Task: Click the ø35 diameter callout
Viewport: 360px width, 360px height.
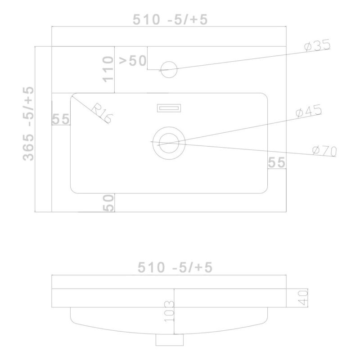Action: (318, 45)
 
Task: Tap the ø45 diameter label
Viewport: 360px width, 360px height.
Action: (309, 111)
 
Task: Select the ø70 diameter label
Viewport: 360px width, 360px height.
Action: (324, 151)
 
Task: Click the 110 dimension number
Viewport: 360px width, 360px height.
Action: (108, 69)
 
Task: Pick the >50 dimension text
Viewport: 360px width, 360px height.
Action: (132, 61)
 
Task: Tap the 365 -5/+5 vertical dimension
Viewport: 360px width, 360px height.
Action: (28, 123)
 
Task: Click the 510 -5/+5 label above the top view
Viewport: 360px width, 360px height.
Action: (170, 19)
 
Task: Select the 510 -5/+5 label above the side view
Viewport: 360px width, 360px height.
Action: (175, 267)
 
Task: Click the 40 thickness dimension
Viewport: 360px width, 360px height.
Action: (303, 298)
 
